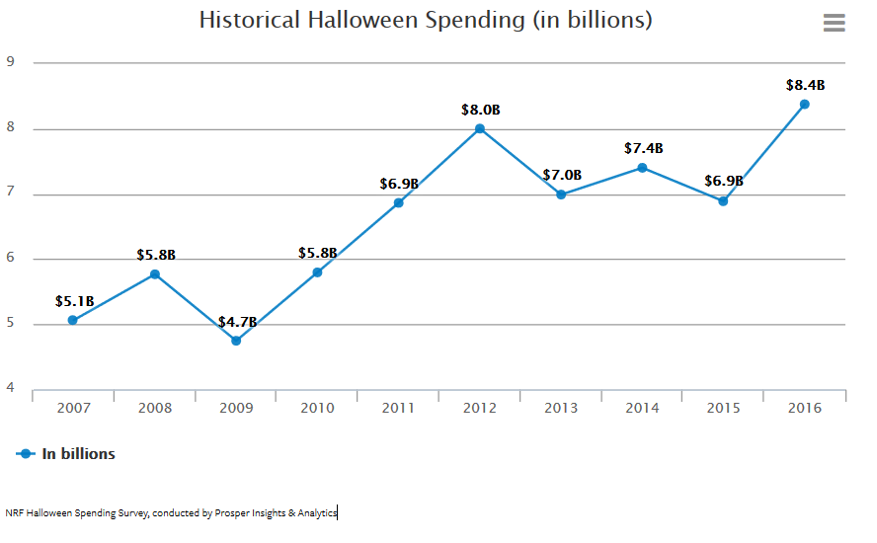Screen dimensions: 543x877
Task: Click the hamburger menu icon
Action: (835, 23)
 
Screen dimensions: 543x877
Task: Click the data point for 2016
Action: (805, 104)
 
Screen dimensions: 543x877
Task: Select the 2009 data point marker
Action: (236, 341)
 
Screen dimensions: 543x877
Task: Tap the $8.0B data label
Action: (480, 110)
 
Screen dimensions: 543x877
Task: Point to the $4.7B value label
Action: (237, 322)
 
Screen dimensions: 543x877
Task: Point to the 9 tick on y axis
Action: (10, 61)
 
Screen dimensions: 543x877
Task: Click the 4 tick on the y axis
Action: (10, 388)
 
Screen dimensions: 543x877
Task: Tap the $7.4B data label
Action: (643, 148)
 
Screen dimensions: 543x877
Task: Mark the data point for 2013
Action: (561, 194)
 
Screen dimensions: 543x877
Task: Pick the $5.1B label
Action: (74, 301)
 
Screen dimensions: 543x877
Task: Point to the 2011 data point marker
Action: (399, 202)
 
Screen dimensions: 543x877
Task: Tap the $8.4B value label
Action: (805, 85)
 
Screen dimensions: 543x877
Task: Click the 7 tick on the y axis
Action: (10, 193)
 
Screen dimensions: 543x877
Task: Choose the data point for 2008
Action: (155, 273)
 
